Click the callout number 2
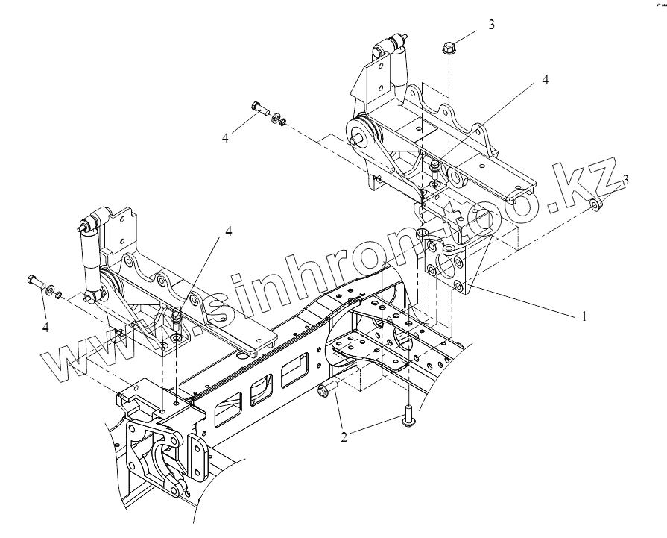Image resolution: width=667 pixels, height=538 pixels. [x=344, y=438]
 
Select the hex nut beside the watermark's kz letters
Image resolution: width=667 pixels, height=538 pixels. [x=596, y=204]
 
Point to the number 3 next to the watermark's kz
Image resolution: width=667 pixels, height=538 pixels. [x=626, y=179]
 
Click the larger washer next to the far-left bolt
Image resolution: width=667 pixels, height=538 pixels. [x=50, y=289]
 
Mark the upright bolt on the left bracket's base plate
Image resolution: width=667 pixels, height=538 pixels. [x=177, y=322]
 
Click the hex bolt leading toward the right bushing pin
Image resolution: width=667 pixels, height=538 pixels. [x=259, y=108]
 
